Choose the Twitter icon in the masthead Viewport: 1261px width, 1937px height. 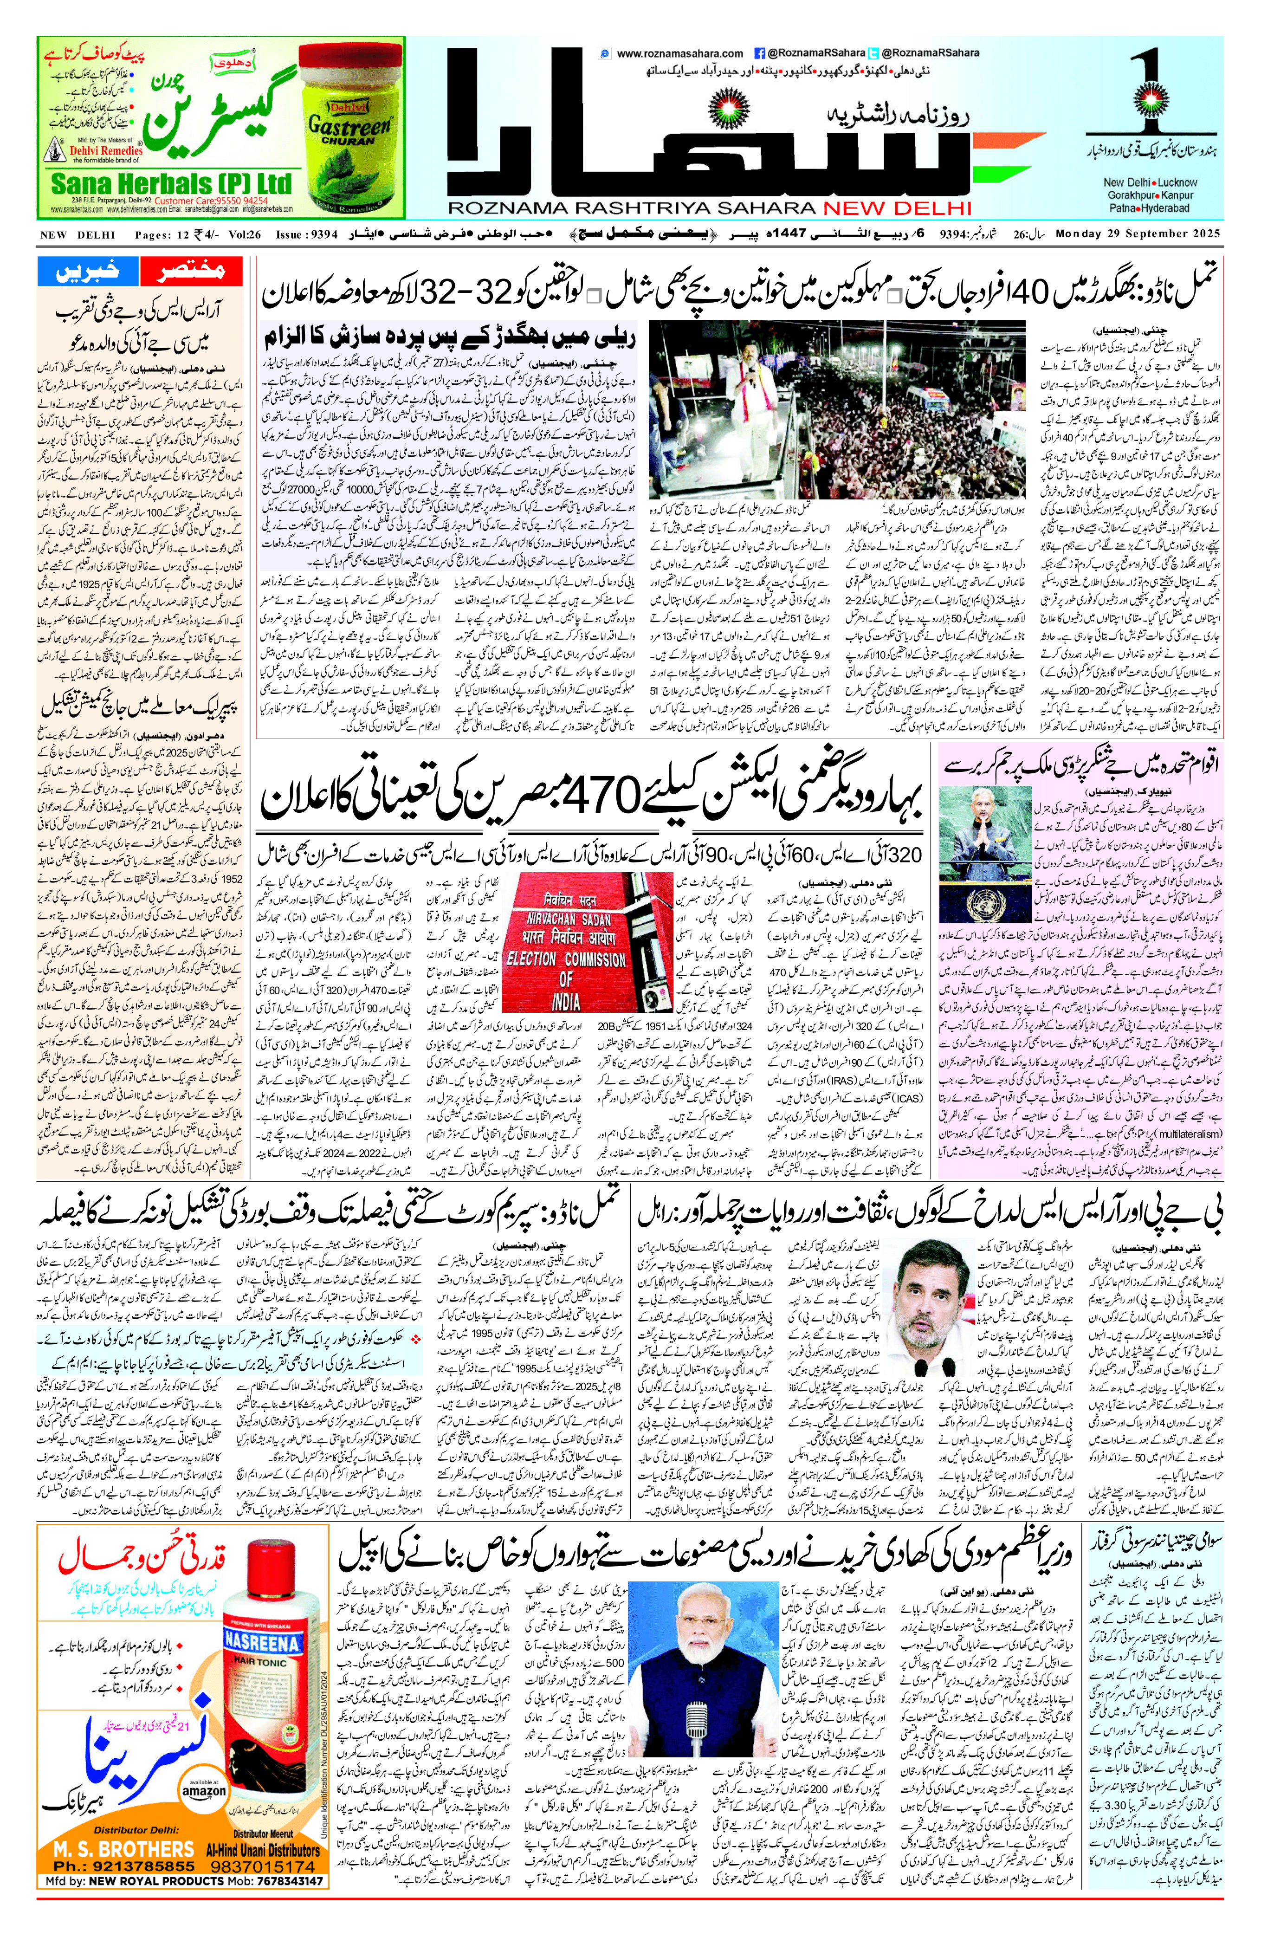coord(873,54)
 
